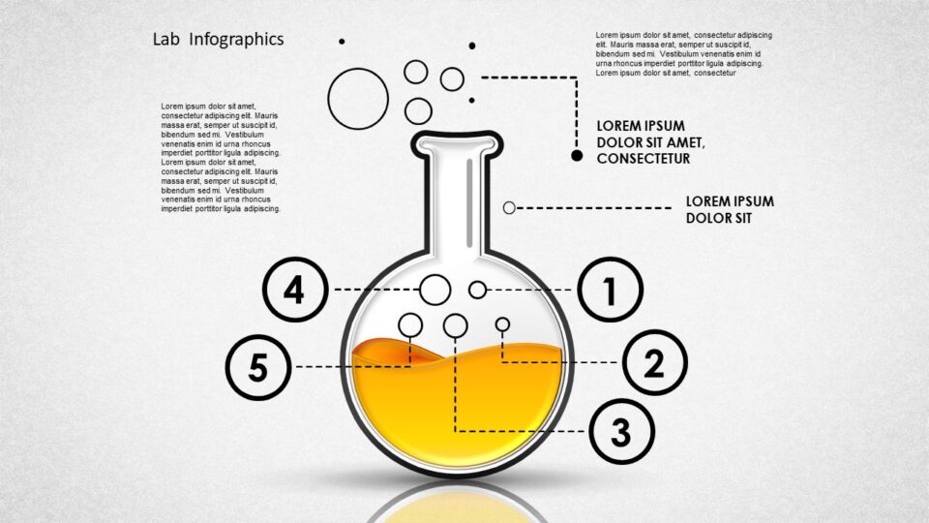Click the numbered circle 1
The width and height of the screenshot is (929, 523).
(x=610, y=290)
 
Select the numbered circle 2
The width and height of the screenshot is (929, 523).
(x=654, y=362)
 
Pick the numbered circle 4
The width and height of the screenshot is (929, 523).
(x=295, y=290)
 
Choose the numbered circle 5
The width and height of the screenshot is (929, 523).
(x=257, y=367)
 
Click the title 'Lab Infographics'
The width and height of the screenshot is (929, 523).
(x=218, y=40)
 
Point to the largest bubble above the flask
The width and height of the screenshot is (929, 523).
(x=358, y=99)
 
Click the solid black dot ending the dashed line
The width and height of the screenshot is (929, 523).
(x=577, y=155)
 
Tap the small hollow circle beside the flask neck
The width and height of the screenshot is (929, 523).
(x=509, y=207)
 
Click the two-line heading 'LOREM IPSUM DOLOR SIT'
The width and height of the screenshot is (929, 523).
(x=730, y=209)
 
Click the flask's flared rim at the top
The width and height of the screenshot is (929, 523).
(x=458, y=144)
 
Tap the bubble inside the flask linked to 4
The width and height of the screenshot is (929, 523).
(x=435, y=289)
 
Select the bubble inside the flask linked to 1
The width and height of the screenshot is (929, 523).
(x=477, y=290)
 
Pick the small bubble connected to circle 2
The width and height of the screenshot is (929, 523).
(x=502, y=324)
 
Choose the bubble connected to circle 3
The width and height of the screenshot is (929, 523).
(x=455, y=325)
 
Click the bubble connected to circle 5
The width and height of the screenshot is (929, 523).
(x=410, y=324)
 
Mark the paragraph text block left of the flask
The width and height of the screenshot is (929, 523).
(x=221, y=157)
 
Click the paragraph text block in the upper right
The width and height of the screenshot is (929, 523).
(x=683, y=54)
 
